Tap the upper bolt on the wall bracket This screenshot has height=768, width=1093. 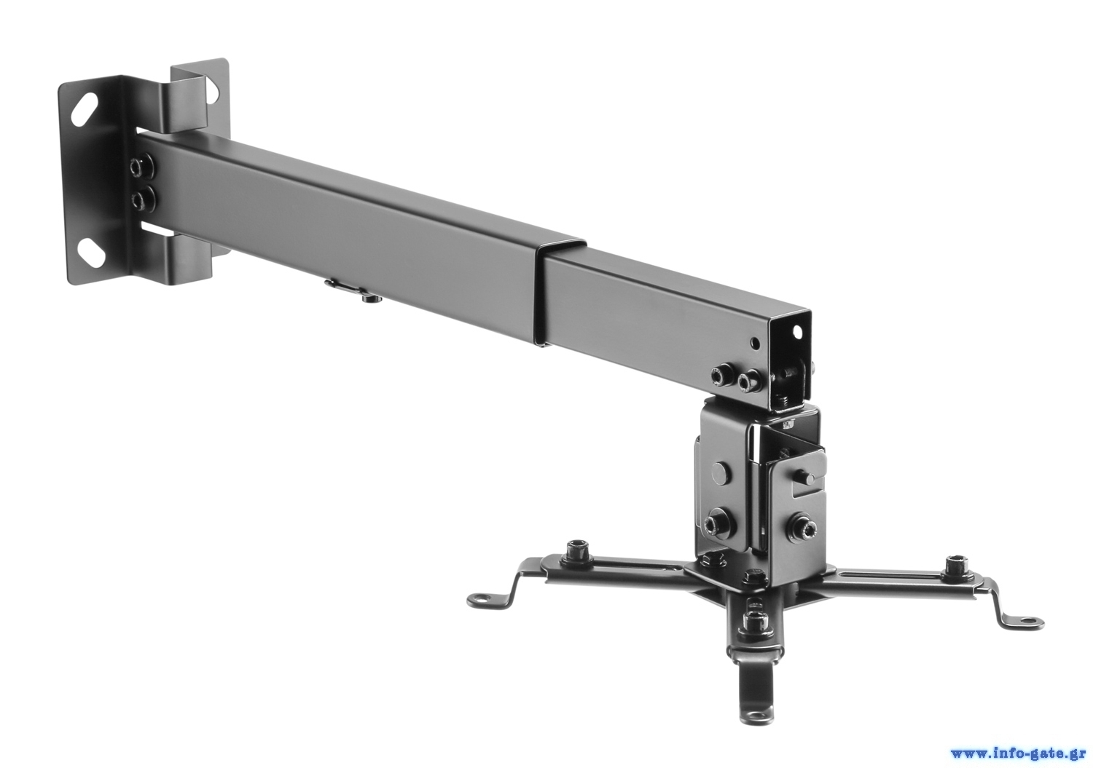pyautogui.click(x=141, y=167)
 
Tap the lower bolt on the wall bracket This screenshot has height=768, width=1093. pyautogui.click(x=142, y=199)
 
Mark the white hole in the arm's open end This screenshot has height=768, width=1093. pyautogui.click(x=798, y=332)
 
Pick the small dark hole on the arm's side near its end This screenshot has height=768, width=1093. pyautogui.click(x=756, y=344)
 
